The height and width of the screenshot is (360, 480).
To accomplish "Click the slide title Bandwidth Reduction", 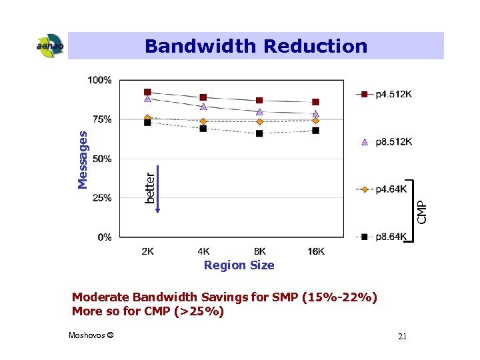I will click(256, 46).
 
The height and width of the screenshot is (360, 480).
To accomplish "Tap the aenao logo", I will click(49, 46).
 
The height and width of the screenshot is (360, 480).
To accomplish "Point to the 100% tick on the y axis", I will click(99, 80).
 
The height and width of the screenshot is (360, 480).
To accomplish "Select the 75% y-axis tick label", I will click(101, 119).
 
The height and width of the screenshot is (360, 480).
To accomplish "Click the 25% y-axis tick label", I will click(101, 198).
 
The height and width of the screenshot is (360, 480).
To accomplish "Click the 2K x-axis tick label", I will click(148, 251).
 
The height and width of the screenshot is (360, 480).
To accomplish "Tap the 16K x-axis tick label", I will click(316, 251).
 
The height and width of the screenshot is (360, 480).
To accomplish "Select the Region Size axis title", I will click(239, 265).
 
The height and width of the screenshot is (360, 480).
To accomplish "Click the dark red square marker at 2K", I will click(147, 92).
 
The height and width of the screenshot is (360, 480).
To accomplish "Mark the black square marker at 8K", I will click(259, 133).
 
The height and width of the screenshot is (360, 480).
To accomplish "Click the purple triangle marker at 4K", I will click(203, 107).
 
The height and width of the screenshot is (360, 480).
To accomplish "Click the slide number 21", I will click(402, 337).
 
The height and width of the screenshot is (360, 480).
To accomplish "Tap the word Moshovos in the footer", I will click(86, 335).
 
